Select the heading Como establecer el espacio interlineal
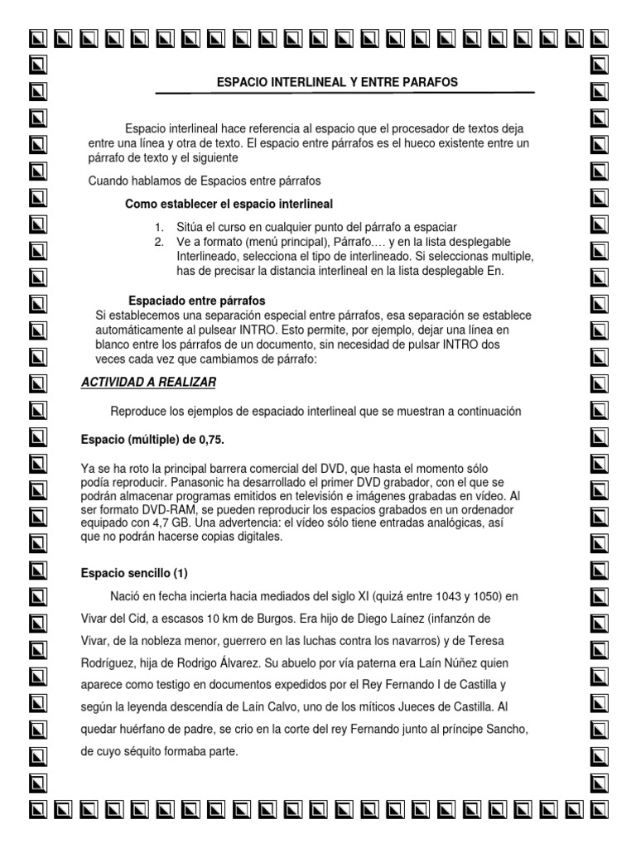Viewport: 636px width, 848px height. pos(229,204)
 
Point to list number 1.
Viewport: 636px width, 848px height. pos(159,227)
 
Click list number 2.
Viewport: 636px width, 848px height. pos(159,242)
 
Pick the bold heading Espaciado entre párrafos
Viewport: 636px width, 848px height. pos(197,300)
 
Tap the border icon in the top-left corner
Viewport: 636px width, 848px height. pos(37,38)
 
